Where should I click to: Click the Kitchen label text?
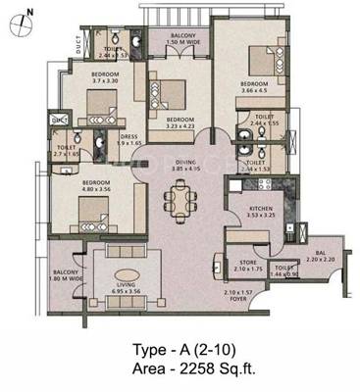pyautogui.click(x=260, y=209)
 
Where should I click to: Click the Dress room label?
pyautogui.click(x=130, y=137)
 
